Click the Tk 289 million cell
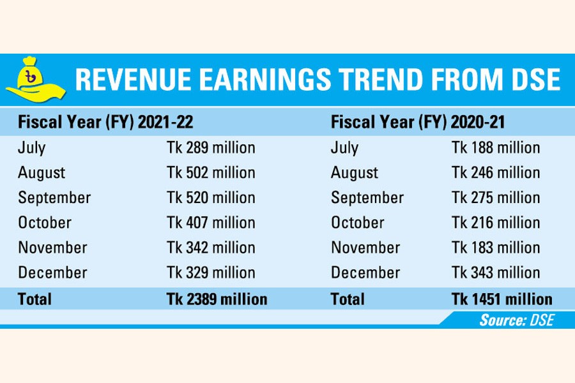(211, 148)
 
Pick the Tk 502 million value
(211, 173)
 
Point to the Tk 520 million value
(211, 198)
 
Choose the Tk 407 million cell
(211, 223)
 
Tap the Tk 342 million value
(211, 248)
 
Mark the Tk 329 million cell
(211, 273)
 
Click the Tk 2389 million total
(217, 298)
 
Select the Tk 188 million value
(496, 148)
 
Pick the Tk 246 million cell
(496, 173)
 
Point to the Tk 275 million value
(496, 198)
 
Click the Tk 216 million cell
(496, 223)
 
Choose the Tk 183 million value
(496, 248)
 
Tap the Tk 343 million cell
(496, 273)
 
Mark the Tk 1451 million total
(502, 298)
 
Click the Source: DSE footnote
(516, 320)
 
